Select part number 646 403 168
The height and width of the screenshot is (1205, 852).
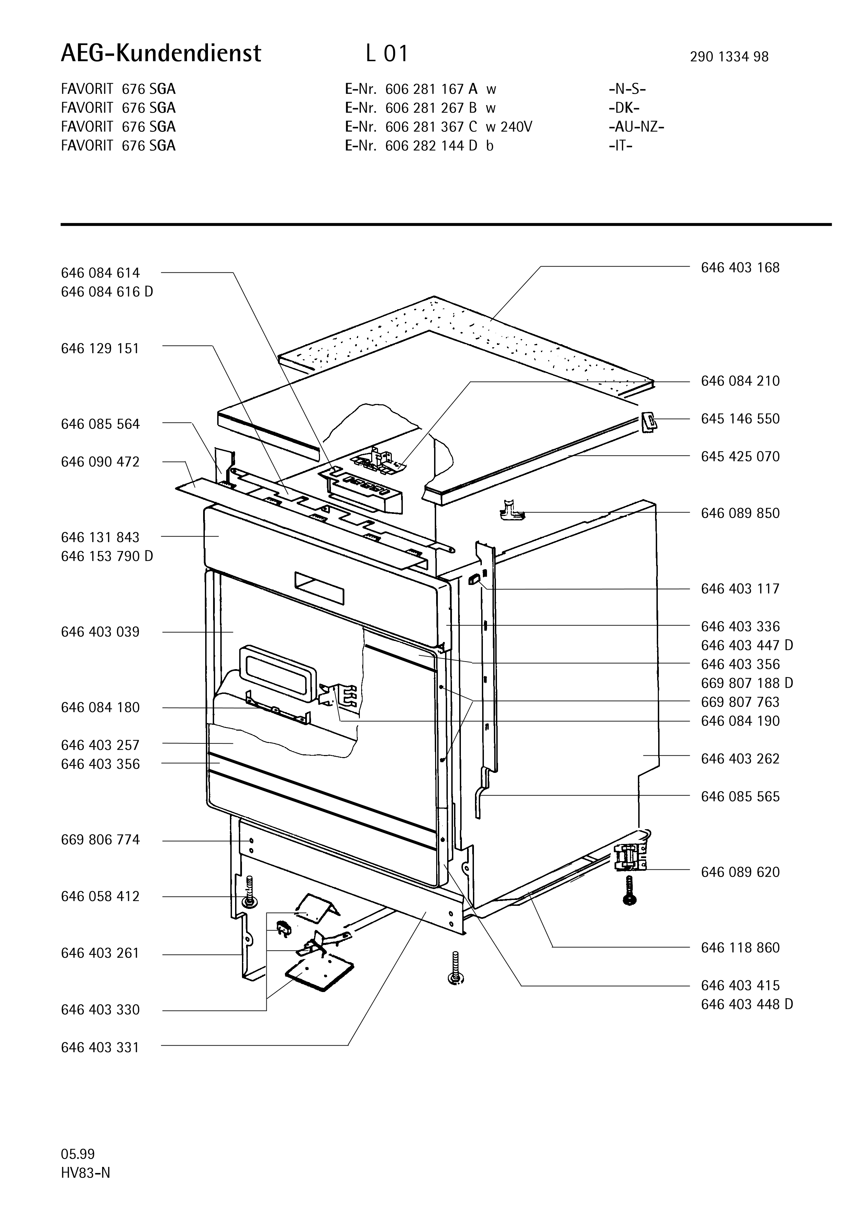pos(740,268)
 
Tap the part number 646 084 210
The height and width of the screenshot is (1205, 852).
pos(740,381)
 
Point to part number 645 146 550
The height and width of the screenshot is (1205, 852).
pos(740,419)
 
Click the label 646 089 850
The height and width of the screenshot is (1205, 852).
pos(740,513)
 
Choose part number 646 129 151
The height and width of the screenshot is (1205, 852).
pos(100,349)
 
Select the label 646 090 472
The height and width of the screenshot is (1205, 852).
pos(100,462)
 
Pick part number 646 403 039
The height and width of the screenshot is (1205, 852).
pos(100,632)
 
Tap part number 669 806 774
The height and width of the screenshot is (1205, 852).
pos(100,840)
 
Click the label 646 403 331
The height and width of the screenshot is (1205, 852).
pos(100,1048)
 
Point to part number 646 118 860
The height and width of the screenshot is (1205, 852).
pos(740,948)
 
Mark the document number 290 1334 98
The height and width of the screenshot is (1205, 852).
pos(729,57)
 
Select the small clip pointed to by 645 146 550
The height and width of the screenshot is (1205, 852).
pos(648,421)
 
